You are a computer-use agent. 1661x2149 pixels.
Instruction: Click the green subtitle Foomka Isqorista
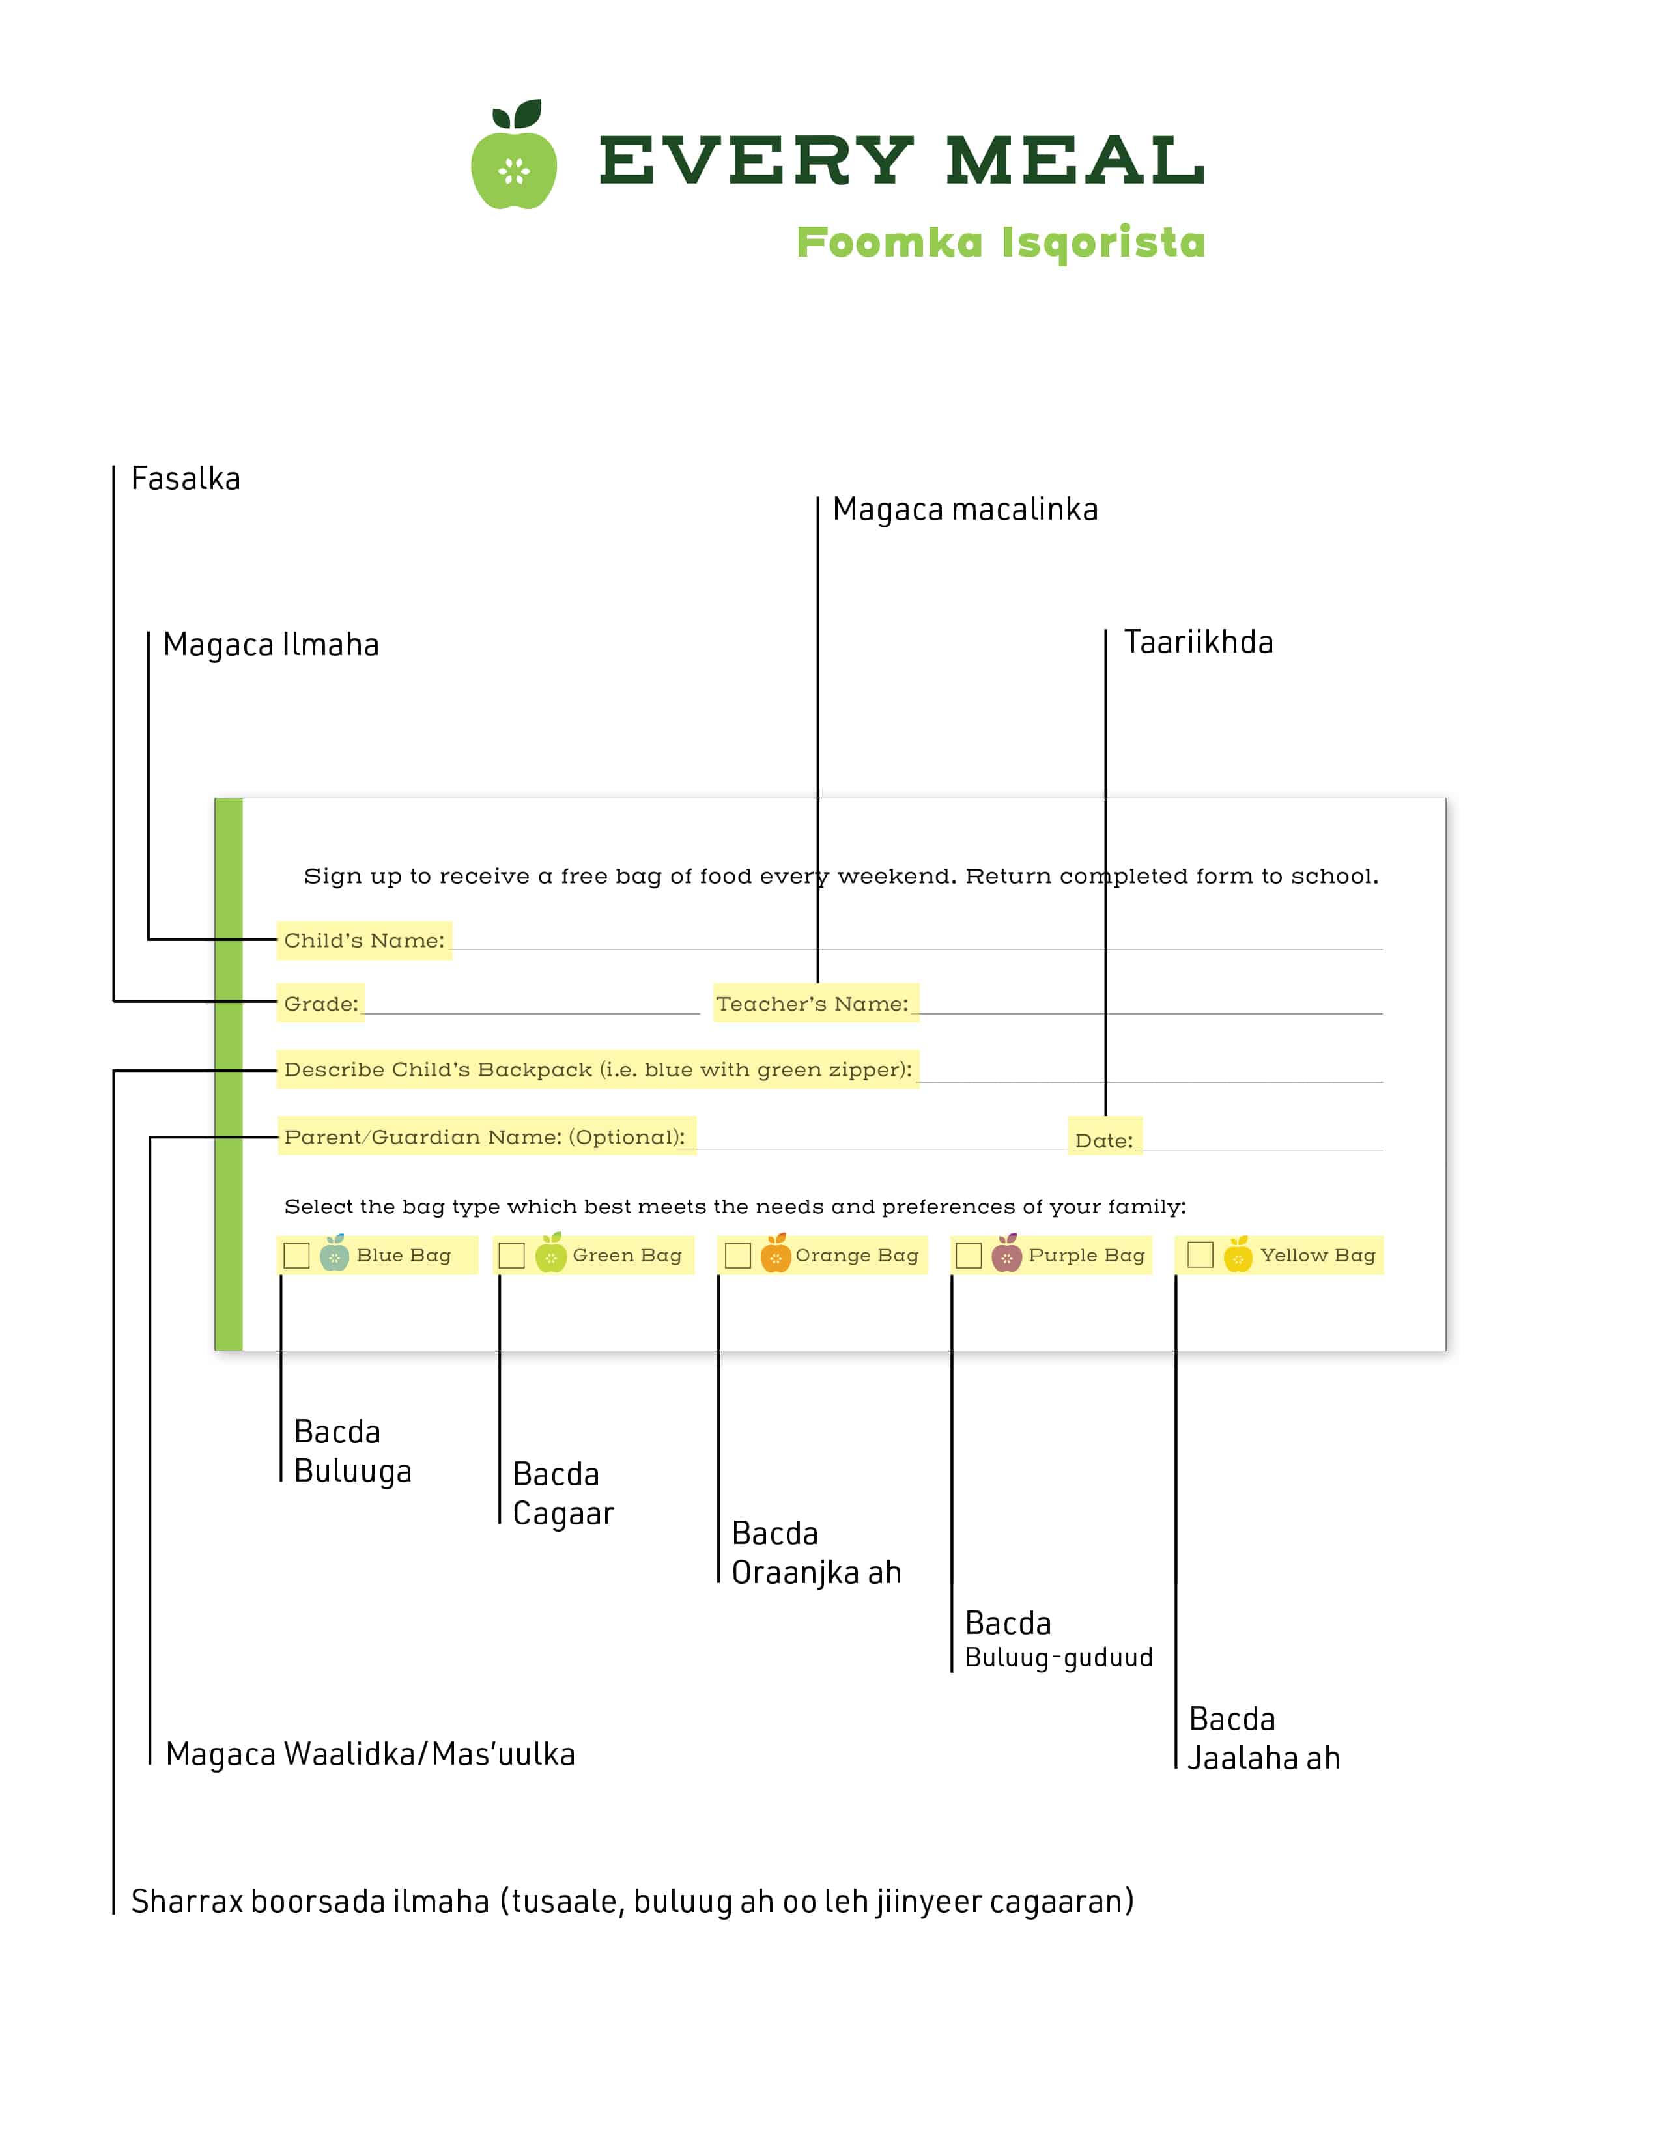1001,242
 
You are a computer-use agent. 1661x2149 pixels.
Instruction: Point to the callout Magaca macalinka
965,510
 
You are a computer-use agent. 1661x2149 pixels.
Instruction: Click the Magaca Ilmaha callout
270,645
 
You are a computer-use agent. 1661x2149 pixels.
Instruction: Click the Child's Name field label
364,941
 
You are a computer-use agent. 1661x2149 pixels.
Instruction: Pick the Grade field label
320,1004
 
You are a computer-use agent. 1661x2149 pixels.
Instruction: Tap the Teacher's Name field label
812,1004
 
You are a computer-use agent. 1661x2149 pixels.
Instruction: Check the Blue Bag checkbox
296,1256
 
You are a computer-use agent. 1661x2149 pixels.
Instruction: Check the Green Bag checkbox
512,1256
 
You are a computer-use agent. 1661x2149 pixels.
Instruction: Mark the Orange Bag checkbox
738,1256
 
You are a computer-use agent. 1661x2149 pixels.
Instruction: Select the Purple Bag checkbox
969,1256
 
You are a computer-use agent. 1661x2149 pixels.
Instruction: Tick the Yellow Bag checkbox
1200,1255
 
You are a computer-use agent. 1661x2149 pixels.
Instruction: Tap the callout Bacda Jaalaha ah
1264,1739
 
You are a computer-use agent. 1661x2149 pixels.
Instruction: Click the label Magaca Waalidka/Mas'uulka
370,1754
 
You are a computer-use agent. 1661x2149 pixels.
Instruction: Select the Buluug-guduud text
1058,1658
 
